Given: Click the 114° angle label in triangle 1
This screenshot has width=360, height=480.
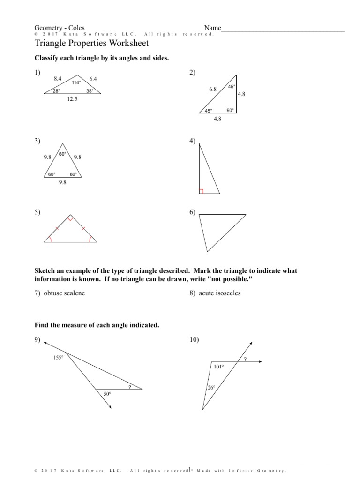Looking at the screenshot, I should [x=76, y=83].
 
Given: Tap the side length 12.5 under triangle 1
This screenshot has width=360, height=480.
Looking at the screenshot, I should [x=72, y=99].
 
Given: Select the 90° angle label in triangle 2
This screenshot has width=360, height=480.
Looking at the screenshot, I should [x=230, y=110].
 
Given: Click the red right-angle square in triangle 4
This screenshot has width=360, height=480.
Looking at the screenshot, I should [x=201, y=191].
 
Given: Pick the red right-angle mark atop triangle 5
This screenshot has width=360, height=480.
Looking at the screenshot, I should [x=70, y=218].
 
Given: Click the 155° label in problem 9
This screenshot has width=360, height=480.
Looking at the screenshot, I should [x=59, y=357].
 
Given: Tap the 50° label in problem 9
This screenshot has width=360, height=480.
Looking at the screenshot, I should [x=107, y=395].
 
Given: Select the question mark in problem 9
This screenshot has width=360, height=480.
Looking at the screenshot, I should [x=129, y=387].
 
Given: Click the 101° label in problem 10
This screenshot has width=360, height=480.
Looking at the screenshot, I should [x=219, y=367].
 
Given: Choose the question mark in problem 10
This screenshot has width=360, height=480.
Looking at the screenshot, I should [x=245, y=359].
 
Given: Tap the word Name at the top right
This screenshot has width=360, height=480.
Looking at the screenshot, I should [x=212, y=28].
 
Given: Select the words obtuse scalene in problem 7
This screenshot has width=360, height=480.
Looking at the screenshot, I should [x=64, y=293].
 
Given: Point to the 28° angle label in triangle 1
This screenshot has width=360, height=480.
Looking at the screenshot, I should [x=56, y=91].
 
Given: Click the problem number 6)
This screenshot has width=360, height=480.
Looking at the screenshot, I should [x=193, y=212].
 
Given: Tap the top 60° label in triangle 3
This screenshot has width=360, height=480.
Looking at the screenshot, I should [x=62, y=154].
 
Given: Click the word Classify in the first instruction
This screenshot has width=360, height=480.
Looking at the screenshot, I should [x=47, y=58].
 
